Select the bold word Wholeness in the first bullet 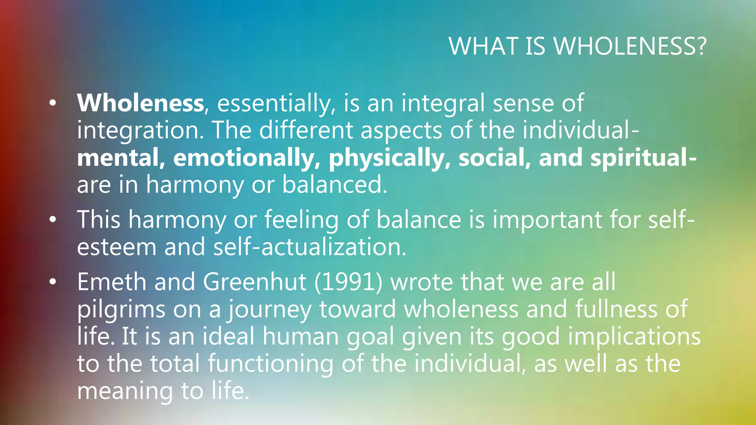click(x=140, y=103)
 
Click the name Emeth click(x=111, y=282)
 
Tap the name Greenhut click(x=254, y=282)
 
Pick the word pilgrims click(x=121, y=309)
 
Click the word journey click(x=269, y=309)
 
